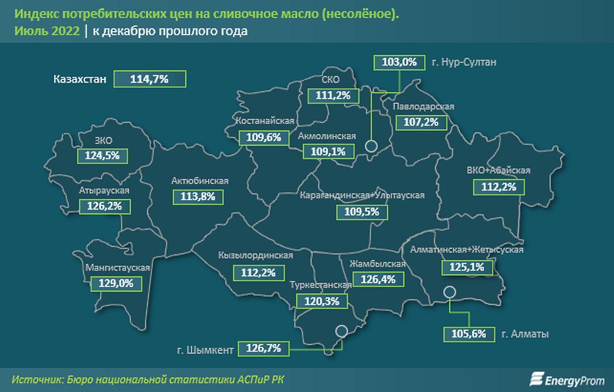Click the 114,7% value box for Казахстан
150,79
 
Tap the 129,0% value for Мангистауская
115,284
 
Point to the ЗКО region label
103,141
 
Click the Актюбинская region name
200,181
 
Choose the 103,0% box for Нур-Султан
399,62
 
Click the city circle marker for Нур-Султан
371,146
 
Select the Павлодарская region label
424,107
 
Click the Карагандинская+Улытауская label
362,195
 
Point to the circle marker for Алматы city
450,292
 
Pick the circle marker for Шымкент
341,331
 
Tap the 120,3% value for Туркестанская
321,301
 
